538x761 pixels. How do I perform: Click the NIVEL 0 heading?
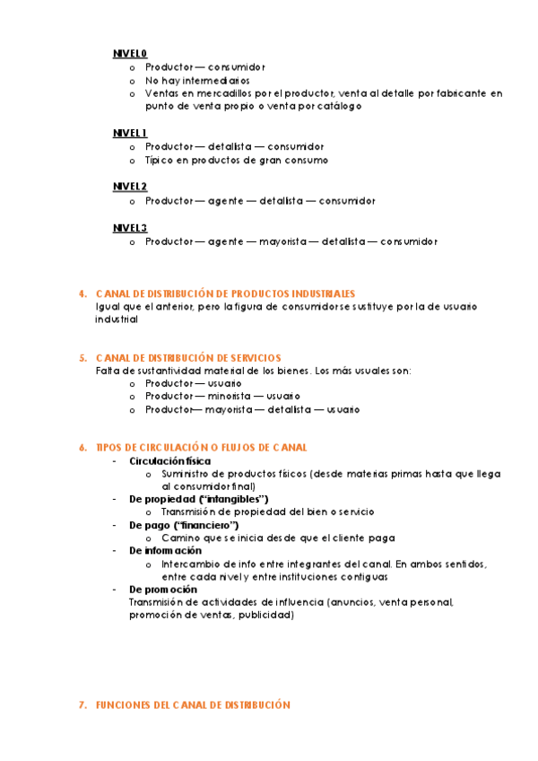tap(130, 53)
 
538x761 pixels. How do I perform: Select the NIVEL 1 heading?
tap(130, 133)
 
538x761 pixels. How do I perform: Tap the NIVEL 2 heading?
tap(130, 187)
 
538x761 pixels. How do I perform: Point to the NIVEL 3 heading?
tap(130, 228)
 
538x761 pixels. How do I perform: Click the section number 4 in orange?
tap(82, 293)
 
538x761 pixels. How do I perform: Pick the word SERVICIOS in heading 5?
tap(252, 357)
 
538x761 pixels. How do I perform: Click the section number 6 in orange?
tap(82, 447)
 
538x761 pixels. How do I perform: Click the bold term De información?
tap(165, 550)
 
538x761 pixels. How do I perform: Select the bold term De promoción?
tap(162, 590)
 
